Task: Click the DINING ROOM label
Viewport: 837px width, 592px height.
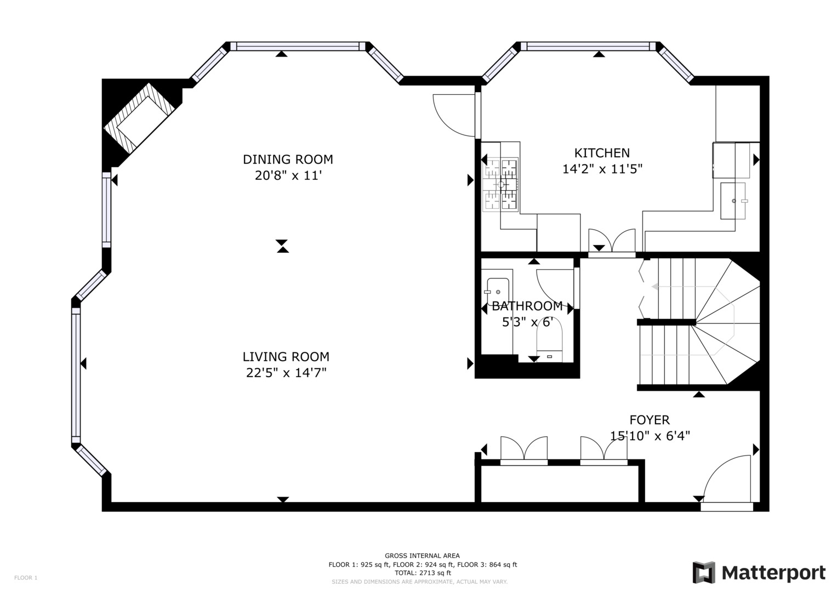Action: [288, 160]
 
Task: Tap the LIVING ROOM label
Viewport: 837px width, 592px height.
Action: [286, 357]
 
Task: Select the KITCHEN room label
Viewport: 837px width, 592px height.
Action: [602, 153]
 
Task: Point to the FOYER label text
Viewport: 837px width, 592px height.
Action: [650, 420]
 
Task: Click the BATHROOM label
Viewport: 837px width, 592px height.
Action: [527, 306]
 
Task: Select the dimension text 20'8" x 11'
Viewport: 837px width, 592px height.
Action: [288, 176]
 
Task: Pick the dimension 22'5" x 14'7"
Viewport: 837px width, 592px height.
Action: [286, 373]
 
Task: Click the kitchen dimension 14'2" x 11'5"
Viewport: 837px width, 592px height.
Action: [602, 169]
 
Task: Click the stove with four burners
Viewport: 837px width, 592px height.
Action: [500, 184]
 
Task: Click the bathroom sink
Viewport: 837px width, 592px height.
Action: [498, 291]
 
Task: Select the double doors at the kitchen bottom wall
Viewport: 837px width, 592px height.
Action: [612, 242]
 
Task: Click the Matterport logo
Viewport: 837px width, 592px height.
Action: [759, 573]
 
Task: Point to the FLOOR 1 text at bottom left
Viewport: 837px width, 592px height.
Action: [26, 578]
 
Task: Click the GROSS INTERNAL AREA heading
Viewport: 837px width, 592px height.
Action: [422, 556]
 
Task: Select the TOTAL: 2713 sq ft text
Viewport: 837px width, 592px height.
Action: [422, 573]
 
